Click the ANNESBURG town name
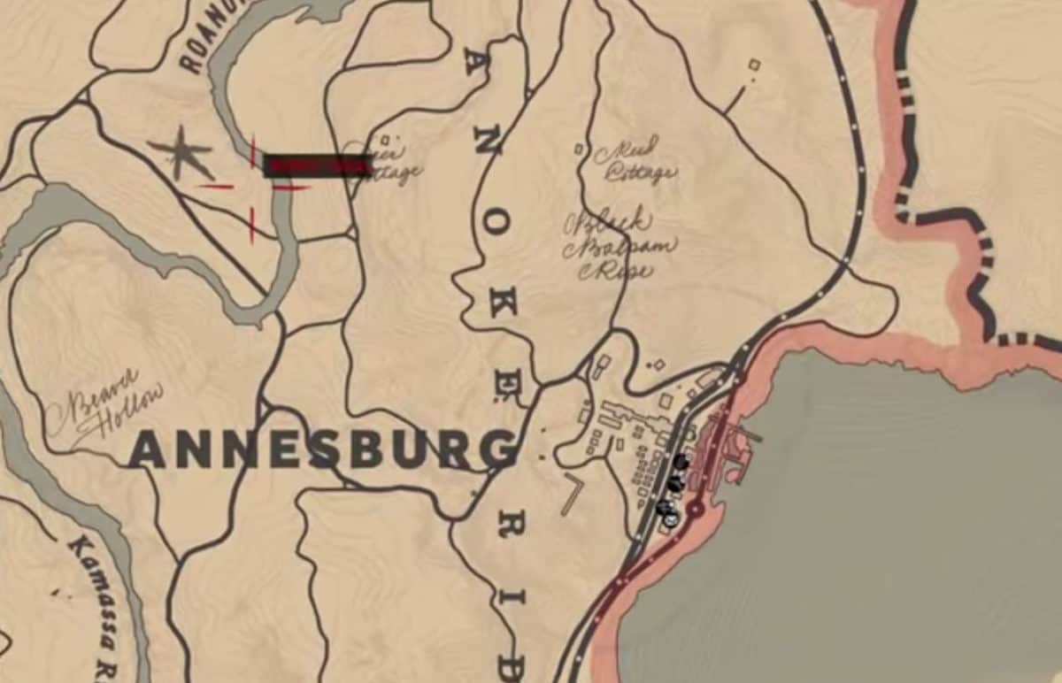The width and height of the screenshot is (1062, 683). click(323, 449)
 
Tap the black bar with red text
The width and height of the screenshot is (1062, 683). click(317, 165)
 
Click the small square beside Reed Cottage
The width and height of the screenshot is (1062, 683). click(579, 150)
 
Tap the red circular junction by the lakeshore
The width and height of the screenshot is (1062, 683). click(696, 509)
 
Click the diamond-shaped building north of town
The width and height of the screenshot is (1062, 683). click(658, 364)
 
